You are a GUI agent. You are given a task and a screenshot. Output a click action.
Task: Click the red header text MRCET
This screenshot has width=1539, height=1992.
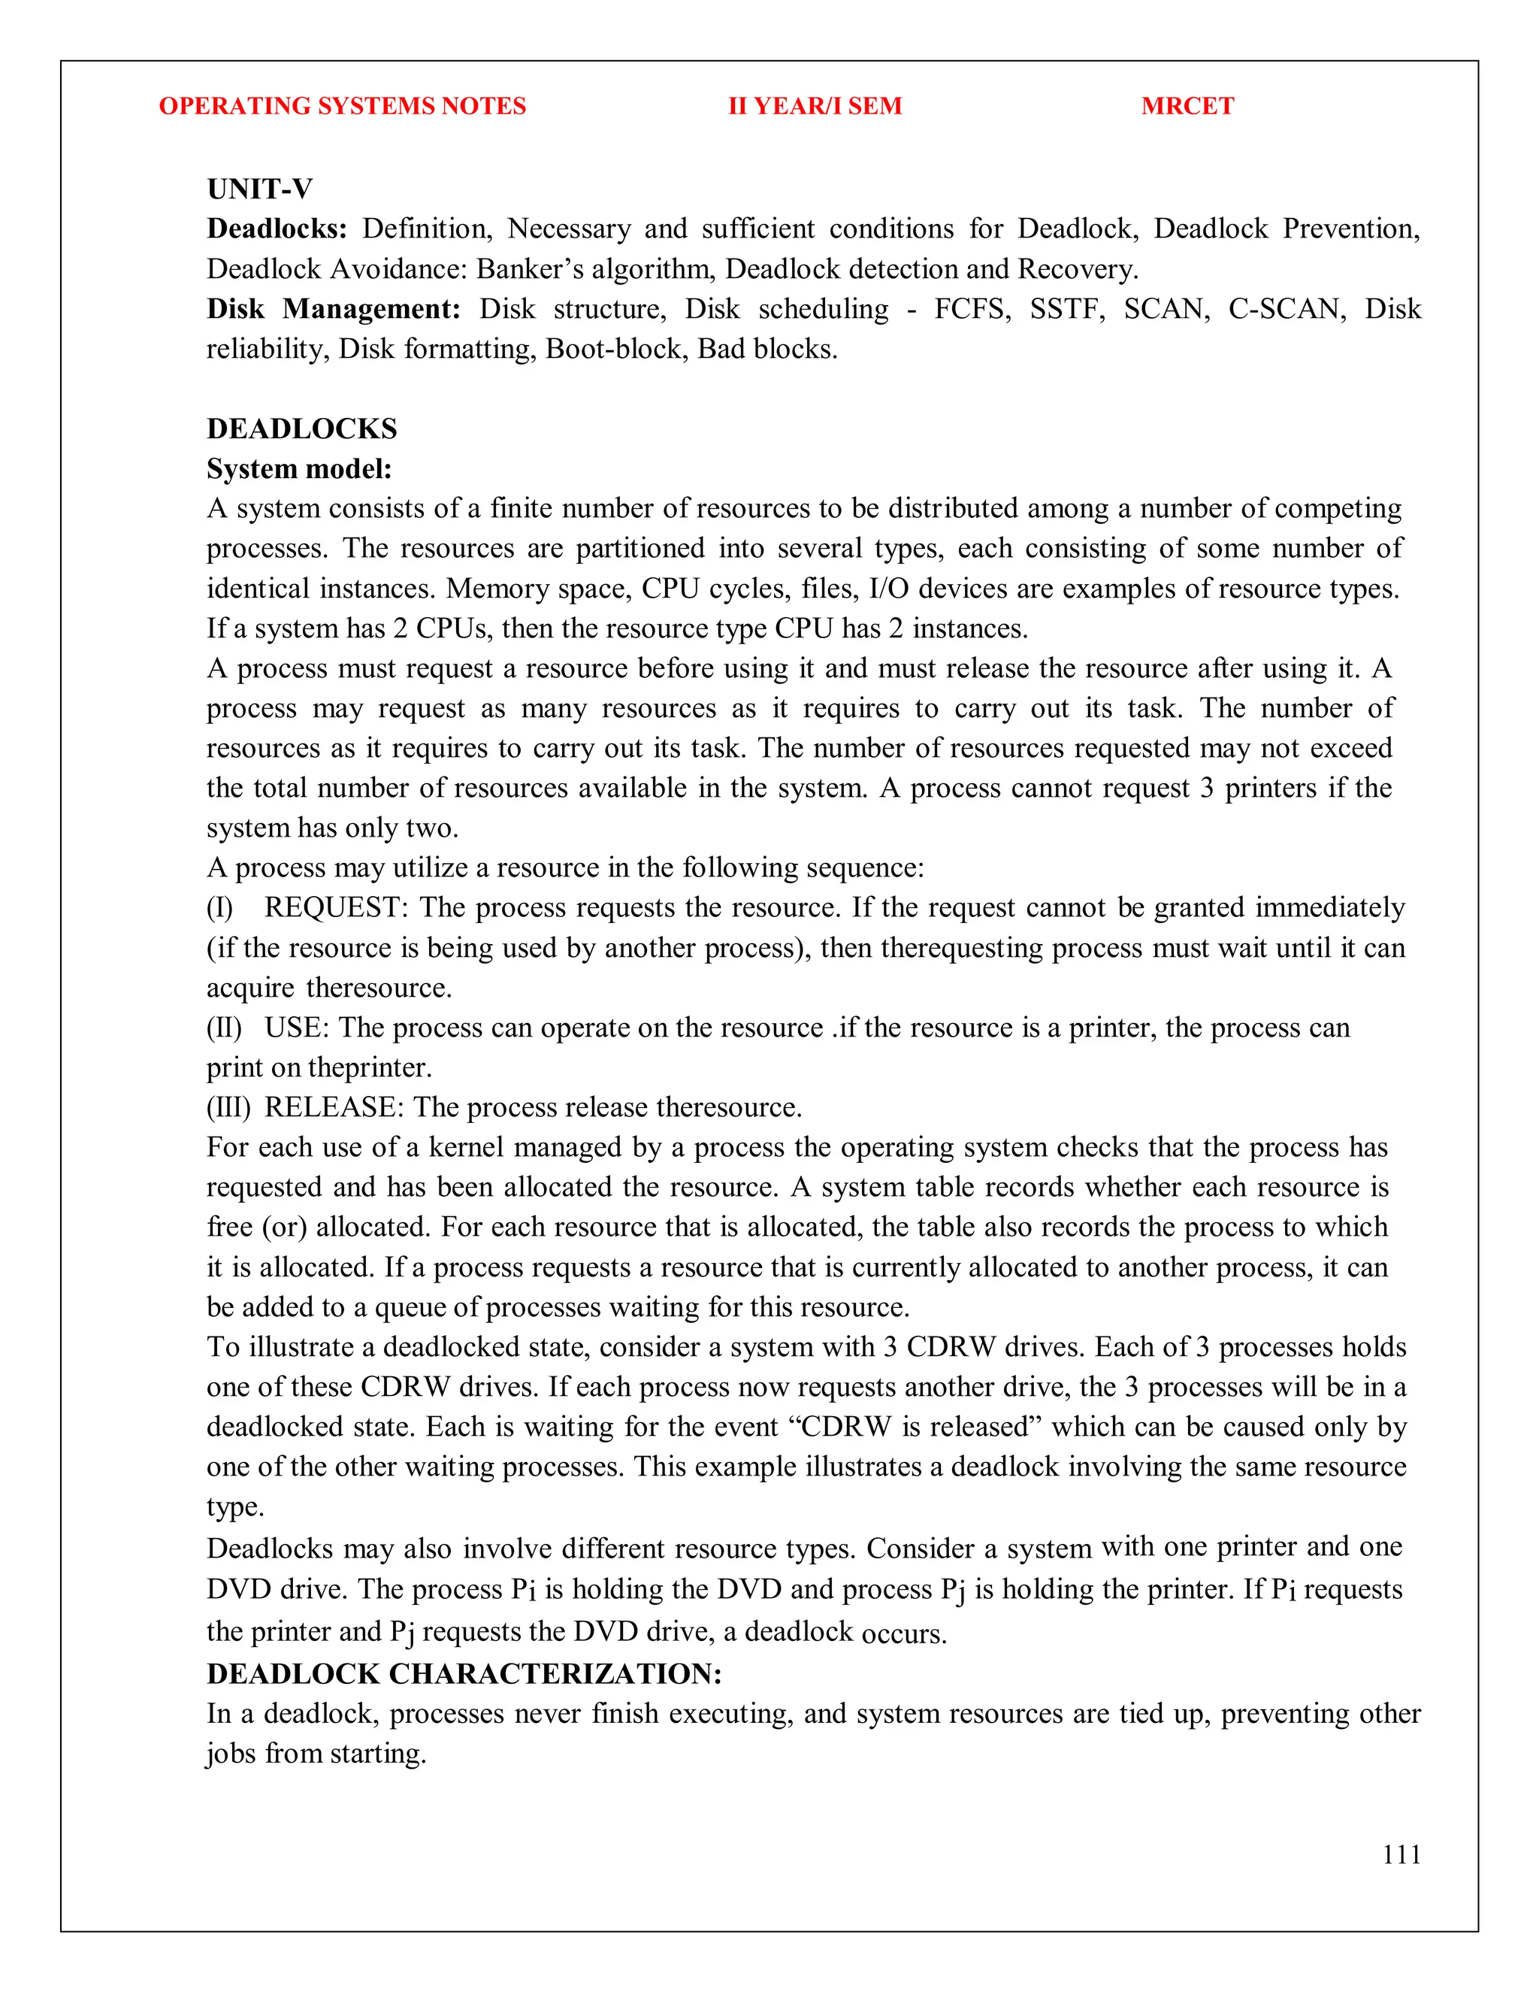click(x=1187, y=106)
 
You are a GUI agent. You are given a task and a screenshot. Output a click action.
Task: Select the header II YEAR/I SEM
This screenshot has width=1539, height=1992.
click(x=814, y=106)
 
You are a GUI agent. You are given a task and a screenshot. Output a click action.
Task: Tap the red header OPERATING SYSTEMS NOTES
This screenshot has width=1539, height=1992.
click(x=342, y=106)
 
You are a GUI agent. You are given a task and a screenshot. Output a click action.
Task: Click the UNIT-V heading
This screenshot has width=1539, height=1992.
click(x=260, y=189)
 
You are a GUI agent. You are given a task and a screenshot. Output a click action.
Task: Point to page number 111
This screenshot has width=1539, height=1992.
click(x=1401, y=1854)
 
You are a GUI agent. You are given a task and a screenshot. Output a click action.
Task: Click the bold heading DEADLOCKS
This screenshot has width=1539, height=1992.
click(x=302, y=428)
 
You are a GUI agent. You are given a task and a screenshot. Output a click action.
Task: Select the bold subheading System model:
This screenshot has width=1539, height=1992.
click(x=299, y=469)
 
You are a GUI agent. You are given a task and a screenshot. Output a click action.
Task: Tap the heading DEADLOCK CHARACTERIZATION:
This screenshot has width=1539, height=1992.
click(x=464, y=1674)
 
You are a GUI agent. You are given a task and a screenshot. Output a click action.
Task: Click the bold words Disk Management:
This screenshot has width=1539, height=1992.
click(x=334, y=309)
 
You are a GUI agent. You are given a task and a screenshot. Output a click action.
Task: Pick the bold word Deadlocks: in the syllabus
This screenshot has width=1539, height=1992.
click(x=277, y=229)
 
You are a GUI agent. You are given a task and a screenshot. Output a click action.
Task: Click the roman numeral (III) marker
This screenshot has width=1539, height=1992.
click(x=228, y=1107)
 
